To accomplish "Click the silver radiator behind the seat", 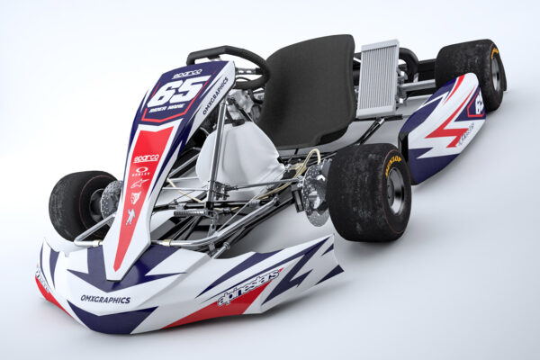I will pos(378,78).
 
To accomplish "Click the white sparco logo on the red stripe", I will pos(146,158).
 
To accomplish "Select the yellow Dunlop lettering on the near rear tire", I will pos(392,164).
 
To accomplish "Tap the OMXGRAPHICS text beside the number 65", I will pos(215,95).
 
